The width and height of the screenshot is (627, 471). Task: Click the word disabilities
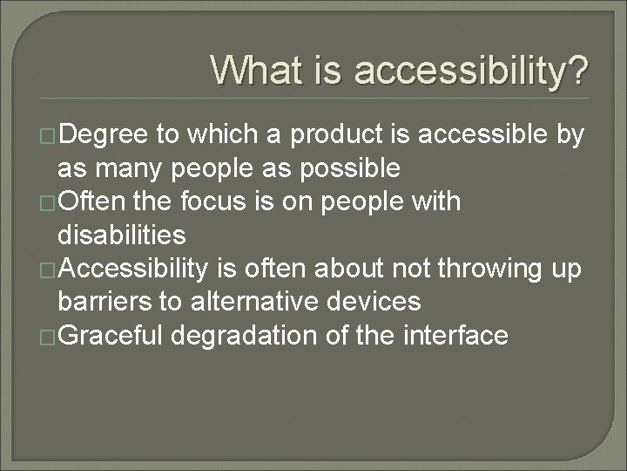tap(121, 235)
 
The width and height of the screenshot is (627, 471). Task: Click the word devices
tap(379, 302)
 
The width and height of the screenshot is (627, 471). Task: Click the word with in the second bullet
tap(436, 201)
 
